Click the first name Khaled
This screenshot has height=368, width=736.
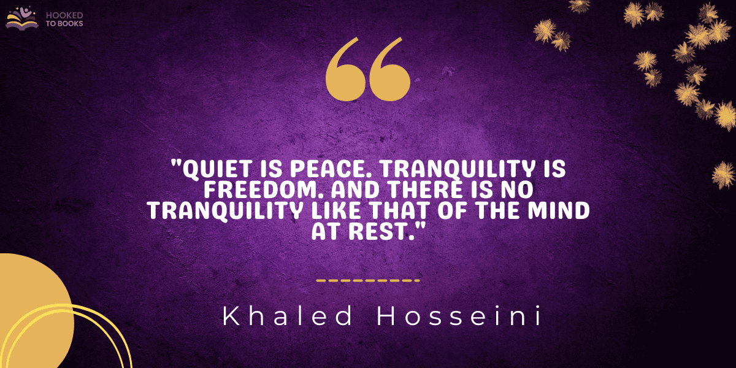pyautogui.click(x=288, y=316)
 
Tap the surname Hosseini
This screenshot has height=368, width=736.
pyautogui.click(x=459, y=316)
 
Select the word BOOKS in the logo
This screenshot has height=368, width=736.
pyautogui.click(x=72, y=23)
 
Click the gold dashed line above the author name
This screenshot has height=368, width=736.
pyautogui.click(x=368, y=281)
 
